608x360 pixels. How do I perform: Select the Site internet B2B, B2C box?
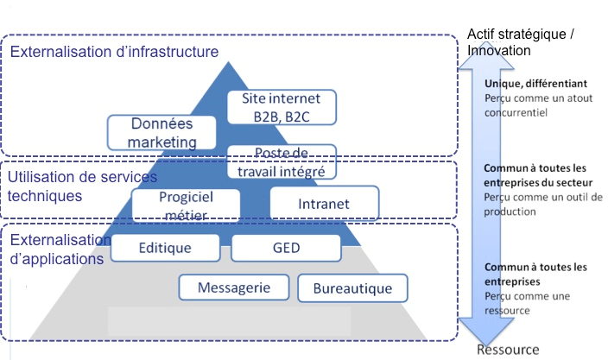point(282,106)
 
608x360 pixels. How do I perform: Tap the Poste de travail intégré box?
point(282,161)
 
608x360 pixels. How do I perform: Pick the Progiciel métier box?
point(185,205)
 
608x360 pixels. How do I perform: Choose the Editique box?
point(165,248)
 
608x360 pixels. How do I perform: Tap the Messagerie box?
point(233,287)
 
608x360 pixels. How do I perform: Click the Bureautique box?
point(351,288)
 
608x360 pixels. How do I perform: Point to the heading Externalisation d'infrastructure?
point(114,53)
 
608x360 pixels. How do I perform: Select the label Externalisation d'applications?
point(58,249)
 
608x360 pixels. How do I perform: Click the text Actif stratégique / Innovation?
point(520,42)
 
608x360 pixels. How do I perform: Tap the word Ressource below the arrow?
point(508,350)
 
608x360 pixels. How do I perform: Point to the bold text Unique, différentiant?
point(535,84)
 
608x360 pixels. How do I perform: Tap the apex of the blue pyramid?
point(233,66)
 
